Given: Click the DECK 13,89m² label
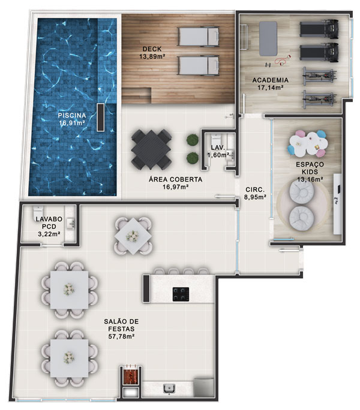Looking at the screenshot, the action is tap(152, 53).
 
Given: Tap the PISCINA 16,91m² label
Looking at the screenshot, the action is tap(72, 119).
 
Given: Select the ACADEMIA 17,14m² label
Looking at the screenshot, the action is tap(270, 84).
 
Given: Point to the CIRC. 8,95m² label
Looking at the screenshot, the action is tap(255, 193).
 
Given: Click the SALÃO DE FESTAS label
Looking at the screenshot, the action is tap(121, 325).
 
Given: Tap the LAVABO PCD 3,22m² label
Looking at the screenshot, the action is tap(49, 227).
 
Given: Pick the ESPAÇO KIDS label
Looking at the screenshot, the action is tap(310, 168).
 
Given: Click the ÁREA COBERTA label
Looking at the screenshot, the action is tap(175, 179).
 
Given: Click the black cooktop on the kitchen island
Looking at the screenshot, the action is tap(181, 294).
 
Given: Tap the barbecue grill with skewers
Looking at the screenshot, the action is tap(131, 375).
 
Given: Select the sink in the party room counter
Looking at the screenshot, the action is tap(169, 388).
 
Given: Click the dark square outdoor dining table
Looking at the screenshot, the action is tap(151, 149).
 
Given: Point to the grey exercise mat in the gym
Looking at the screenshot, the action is tap(268, 39).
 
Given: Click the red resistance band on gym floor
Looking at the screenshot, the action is tap(283, 61).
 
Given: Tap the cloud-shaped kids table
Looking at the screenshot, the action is tap(308, 143).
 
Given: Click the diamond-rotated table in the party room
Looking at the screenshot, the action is tap(133, 236).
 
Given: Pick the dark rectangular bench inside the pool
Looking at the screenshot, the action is tap(101, 117).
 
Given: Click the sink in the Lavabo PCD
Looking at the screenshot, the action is tap(71, 224).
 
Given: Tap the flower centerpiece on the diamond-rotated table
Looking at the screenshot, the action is tap(132, 236).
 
